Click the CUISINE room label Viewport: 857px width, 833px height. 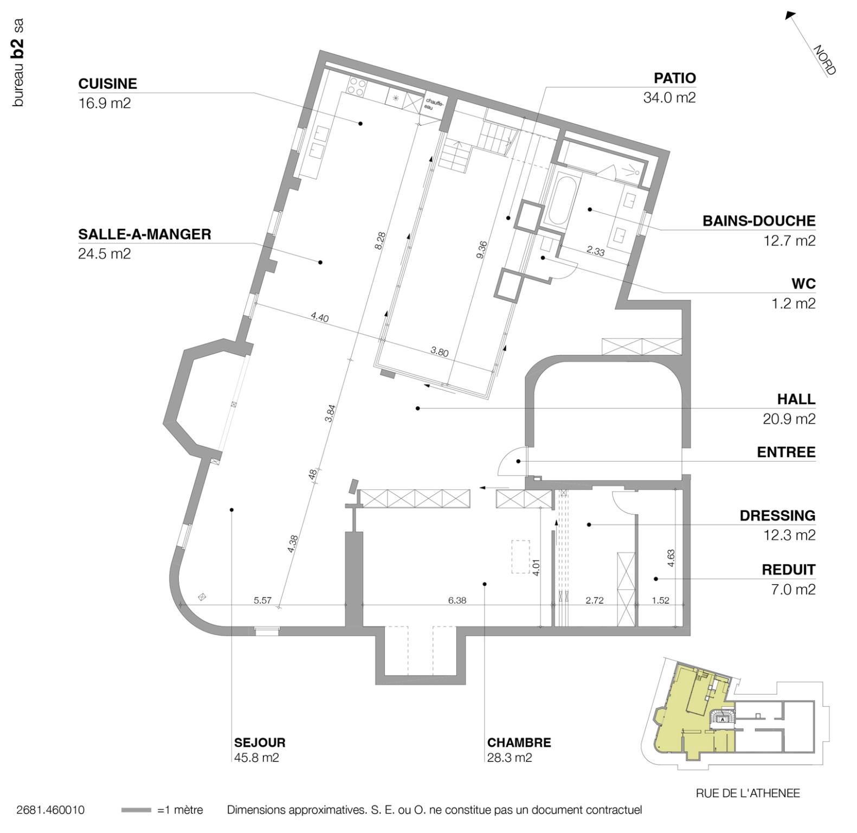pos(107,84)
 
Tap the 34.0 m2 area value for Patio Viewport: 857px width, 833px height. pos(669,98)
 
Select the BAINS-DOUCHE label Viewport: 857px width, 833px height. pos(758,221)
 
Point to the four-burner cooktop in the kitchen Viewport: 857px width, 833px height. pos(356,87)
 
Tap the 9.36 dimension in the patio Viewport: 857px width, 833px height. pos(482,249)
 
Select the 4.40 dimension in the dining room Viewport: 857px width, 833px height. pos(319,317)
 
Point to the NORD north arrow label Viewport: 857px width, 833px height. pos(824,60)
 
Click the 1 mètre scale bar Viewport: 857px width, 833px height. pos(136,810)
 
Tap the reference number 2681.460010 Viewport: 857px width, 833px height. pos(50,810)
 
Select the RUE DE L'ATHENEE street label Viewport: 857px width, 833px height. pos(748,793)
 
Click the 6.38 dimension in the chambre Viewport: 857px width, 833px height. pos(457,600)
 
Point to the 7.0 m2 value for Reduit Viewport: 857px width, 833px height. pos(793,589)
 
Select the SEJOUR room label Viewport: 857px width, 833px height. pos(259,742)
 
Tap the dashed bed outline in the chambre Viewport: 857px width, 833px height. pos(520,556)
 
